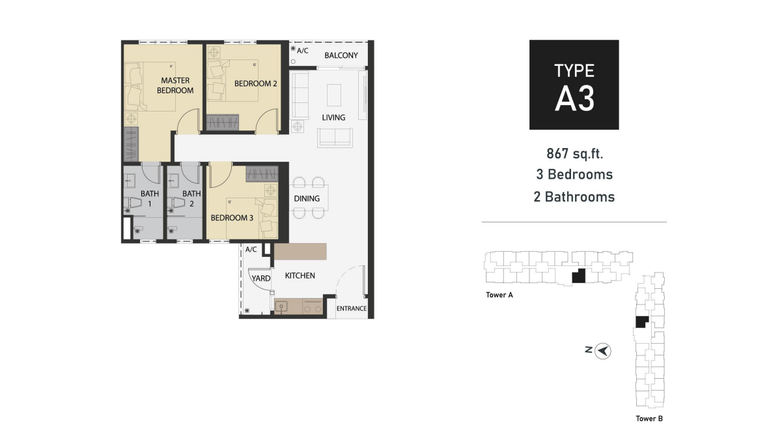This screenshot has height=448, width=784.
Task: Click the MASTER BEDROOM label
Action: pyautogui.click(x=175, y=85)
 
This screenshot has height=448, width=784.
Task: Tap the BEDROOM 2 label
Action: pyautogui.click(x=255, y=83)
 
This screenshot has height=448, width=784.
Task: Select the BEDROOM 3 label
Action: pyautogui.click(x=232, y=218)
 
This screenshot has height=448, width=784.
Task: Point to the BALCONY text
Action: pyautogui.click(x=341, y=55)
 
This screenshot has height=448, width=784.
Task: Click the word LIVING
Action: pyautogui.click(x=333, y=117)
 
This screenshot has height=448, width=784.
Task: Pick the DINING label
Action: pyautogui.click(x=307, y=198)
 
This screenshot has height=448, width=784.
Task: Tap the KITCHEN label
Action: pyautogui.click(x=300, y=276)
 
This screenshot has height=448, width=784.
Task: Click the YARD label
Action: pyautogui.click(x=261, y=278)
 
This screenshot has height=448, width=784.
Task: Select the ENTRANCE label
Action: pyautogui.click(x=352, y=308)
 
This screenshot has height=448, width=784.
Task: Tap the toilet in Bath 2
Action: pyautogui.click(x=176, y=203)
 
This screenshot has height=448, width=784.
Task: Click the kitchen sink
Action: pyautogui.click(x=281, y=307)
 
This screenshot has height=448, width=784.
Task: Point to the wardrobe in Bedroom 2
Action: pyautogui.click(x=222, y=123)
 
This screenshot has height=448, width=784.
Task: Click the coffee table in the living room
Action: pyautogui.click(x=334, y=95)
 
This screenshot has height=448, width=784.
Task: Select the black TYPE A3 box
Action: pyautogui.click(x=574, y=85)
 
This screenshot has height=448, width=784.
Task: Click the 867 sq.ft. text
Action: pyautogui.click(x=575, y=153)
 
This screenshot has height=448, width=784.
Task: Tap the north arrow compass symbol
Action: pyautogui.click(x=603, y=351)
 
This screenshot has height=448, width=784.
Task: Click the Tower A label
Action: pyautogui.click(x=499, y=295)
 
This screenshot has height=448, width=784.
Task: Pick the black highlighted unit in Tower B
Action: pyautogui.click(x=641, y=321)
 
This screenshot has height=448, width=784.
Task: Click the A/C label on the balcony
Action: pyautogui.click(x=302, y=51)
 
